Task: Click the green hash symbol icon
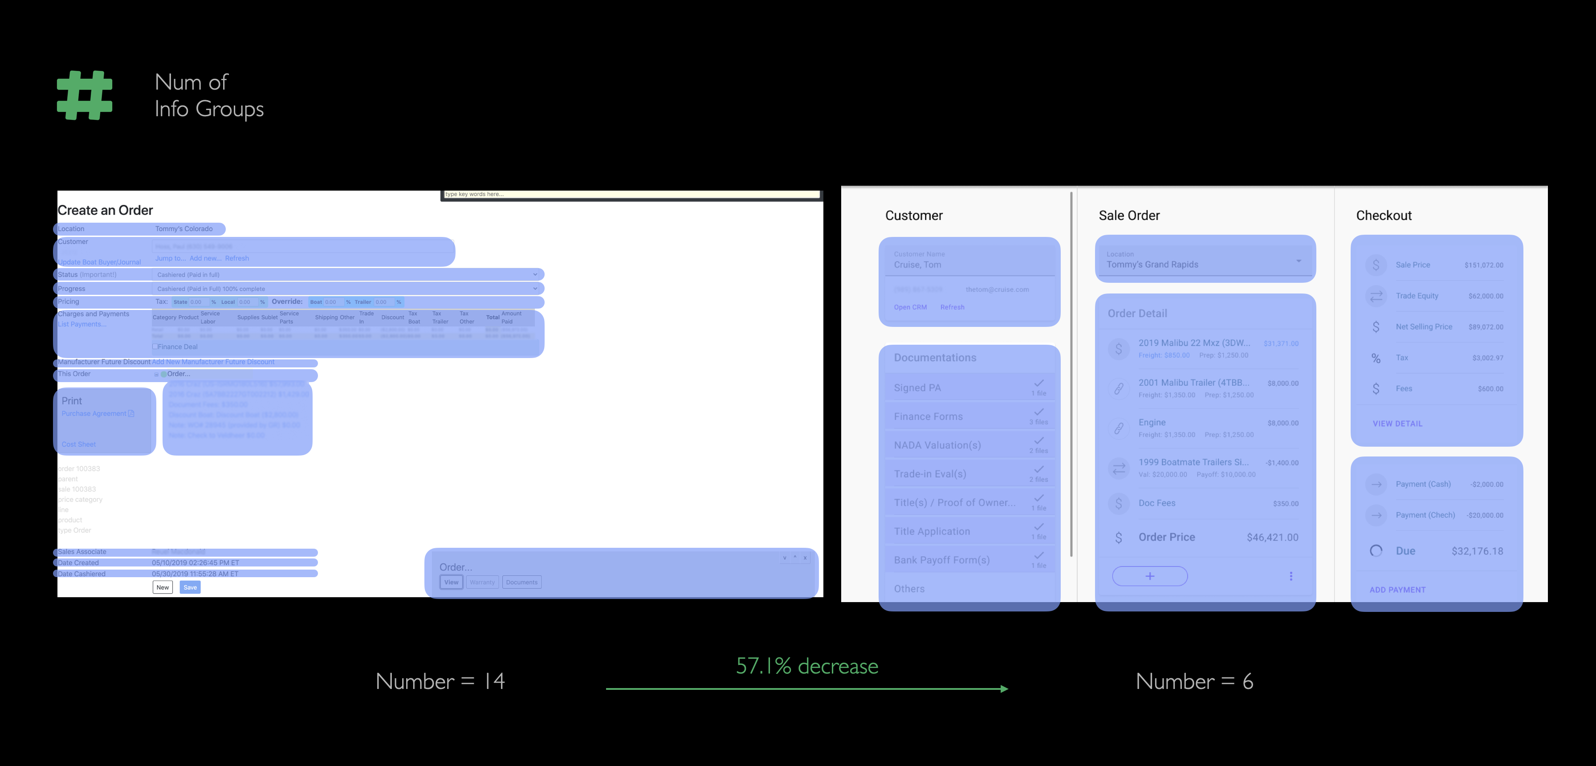click(x=85, y=95)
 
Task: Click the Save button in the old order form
click(x=190, y=587)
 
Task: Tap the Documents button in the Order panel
click(x=521, y=582)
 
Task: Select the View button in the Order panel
click(x=451, y=582)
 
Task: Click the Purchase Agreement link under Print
click(x=94, y=413)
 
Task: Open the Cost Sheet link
click(x=79, y=444)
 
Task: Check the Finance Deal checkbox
click(x=155, y=346)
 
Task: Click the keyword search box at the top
click(x=631, y=194)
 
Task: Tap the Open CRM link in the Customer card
click(x=910, y=307)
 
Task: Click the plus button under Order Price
click(x=1150, y=576)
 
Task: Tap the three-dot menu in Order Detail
click(x=1291, y=576)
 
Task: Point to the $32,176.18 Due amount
click(x=1477, y=551)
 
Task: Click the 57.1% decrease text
click(x=806, y=666)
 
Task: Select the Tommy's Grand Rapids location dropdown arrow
click(x=1299, y=261)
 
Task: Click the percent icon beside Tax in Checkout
click(x=1376, y=358)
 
